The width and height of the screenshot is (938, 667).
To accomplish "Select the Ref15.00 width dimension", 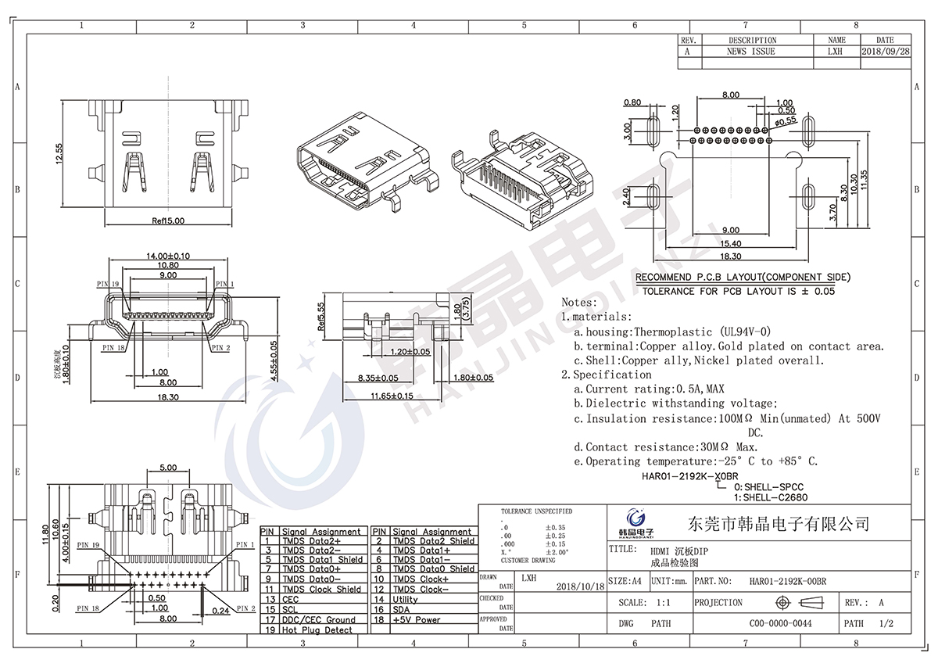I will click(x=168, y=221).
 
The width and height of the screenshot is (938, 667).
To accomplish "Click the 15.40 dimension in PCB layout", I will click(x=730, y=244).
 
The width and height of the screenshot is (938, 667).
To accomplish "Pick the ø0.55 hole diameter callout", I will click(x=784, y=121).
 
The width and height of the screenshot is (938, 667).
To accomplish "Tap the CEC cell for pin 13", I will click(x=290, y=599).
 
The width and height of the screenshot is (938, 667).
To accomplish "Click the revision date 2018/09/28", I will click(x=885, y=52).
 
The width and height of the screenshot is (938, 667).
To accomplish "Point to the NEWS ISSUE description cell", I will click(x=751, y=52).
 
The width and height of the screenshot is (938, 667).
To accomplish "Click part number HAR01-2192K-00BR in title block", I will click(x=787, y=582).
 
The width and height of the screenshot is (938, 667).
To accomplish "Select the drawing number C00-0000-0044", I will click(x=780, y=624).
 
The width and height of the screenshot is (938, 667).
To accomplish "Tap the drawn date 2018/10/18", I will click(x=580, y=586).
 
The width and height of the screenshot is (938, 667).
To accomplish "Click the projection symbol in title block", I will click(x=797, y=603).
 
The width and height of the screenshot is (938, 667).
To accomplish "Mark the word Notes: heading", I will click(x=579, y=302).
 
